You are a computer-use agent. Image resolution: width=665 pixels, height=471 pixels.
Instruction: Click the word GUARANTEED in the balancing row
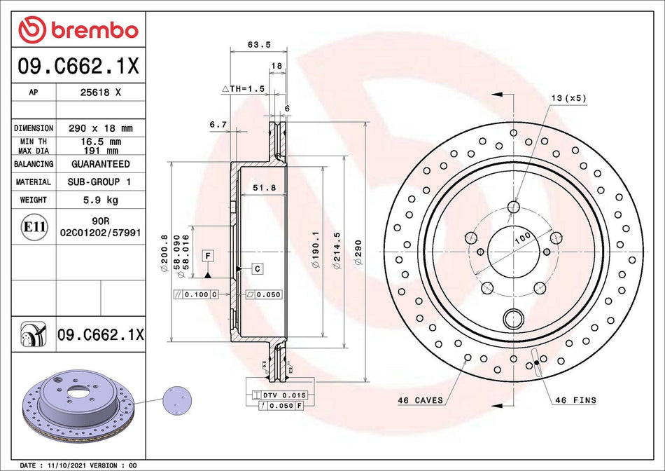click(x=100, y=164)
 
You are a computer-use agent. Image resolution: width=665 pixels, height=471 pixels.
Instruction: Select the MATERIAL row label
click(x=34, y=182)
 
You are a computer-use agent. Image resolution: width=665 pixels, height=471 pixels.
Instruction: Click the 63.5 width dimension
click(x=259, y=44)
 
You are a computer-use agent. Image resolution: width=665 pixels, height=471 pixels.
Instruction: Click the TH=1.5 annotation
click(x=243, y=89)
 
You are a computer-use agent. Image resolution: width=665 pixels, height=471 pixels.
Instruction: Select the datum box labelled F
click(x=208, y=255)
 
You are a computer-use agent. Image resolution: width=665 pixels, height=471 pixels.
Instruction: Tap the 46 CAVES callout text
click(x=419, y=400)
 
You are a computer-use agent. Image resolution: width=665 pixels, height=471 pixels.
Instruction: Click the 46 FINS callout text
click(x=575, y=400)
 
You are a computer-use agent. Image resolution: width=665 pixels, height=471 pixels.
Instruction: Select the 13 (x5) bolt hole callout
click(x=568, y=98)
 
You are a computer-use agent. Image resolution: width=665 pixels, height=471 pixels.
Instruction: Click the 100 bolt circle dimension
click(x=521, y=238)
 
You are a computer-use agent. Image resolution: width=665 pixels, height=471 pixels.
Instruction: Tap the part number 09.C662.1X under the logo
click(x=77, y=67)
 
